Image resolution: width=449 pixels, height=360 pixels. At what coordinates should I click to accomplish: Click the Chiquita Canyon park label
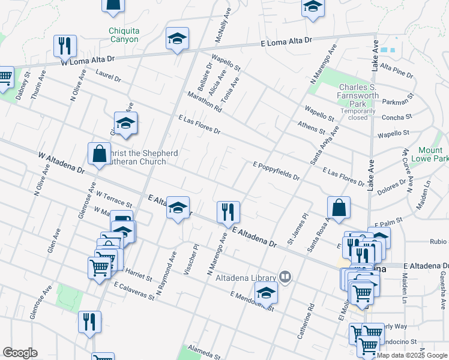pos(124,35)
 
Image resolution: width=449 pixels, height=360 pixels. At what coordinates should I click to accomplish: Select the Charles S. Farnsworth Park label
pos(359,96)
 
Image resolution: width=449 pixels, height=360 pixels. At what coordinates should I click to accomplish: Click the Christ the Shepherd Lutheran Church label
pos(143,157)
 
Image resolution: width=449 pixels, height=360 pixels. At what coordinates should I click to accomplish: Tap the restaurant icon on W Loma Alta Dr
pos(65,46)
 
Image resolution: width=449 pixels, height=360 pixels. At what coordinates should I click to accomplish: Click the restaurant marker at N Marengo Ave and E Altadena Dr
pos(228,212)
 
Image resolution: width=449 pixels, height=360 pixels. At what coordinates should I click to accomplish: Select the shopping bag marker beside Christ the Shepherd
pos(99,154)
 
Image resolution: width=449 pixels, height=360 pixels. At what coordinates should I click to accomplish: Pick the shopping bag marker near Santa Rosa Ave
pos(339,208)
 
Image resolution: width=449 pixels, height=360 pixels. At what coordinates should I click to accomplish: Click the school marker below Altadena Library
pos(264,293)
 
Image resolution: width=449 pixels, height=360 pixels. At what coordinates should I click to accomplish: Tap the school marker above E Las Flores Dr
pos(126,123)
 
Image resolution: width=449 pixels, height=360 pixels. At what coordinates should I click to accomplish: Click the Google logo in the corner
pos(19,353)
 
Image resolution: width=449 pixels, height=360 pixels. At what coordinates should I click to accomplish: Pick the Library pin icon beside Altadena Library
pos(286,277)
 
